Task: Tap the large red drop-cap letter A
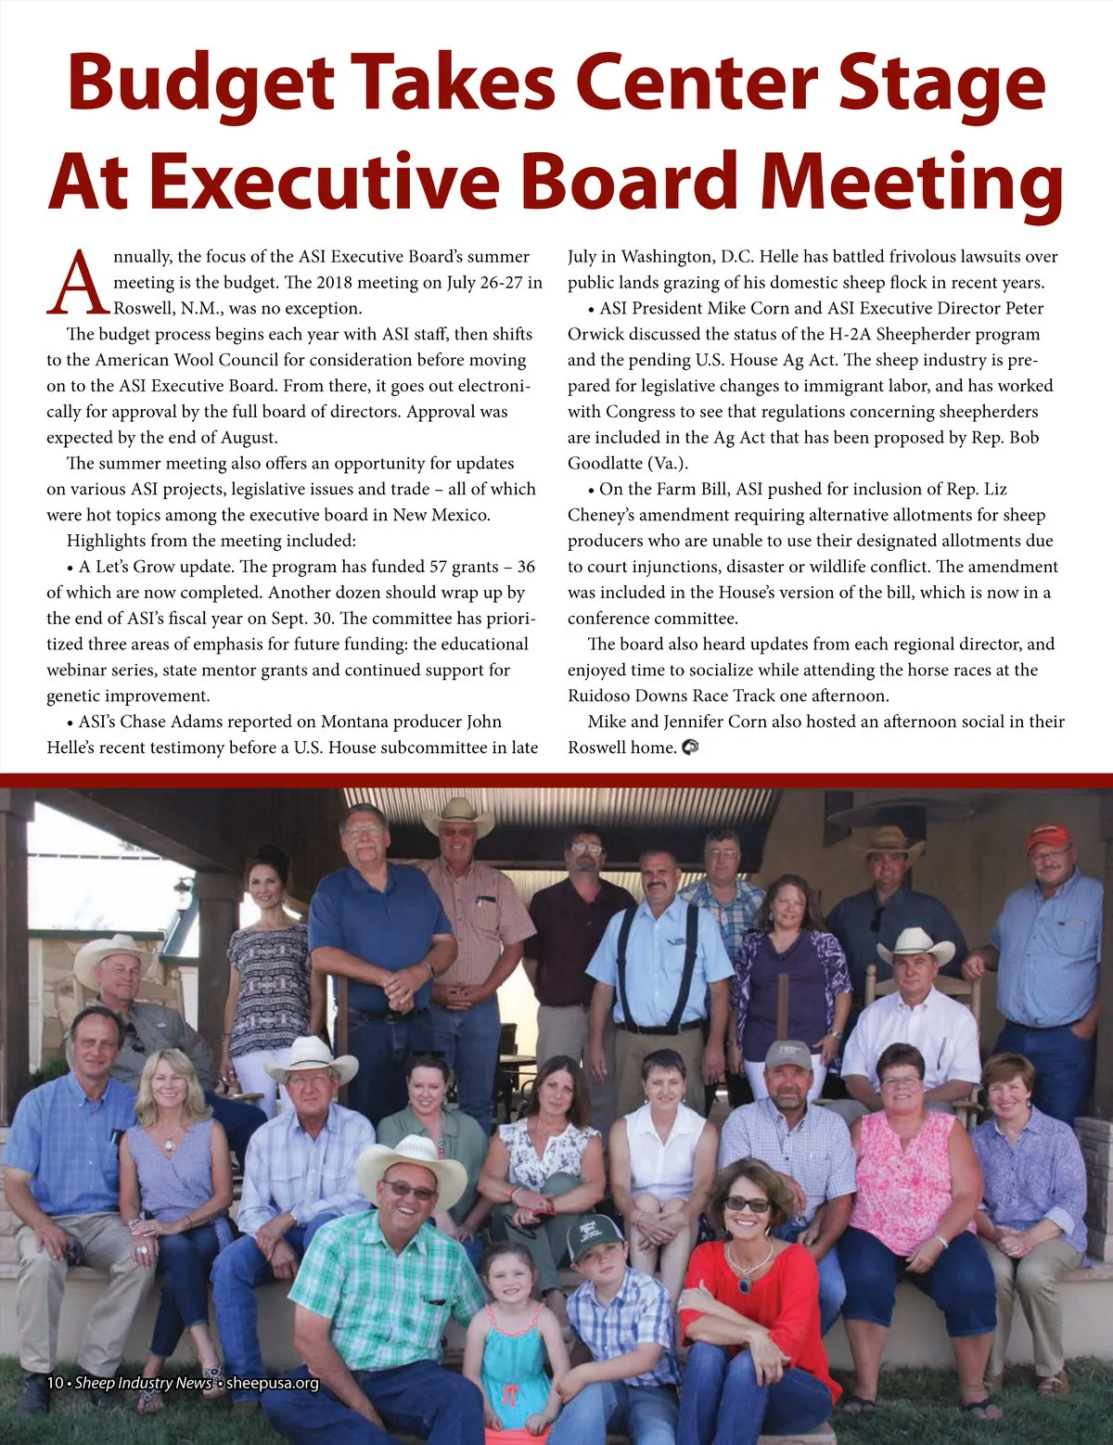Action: click(x=76, y=282)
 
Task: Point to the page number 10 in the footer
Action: click(x=55, y=1383)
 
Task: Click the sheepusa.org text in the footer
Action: click(x=273, y=1383)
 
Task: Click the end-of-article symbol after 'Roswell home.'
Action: click(x=689, y=748)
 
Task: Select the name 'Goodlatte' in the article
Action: click(x=604, y=464)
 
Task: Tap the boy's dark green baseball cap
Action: click(x=594, y=1236)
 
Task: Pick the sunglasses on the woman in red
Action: click(x=748, y=1204)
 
